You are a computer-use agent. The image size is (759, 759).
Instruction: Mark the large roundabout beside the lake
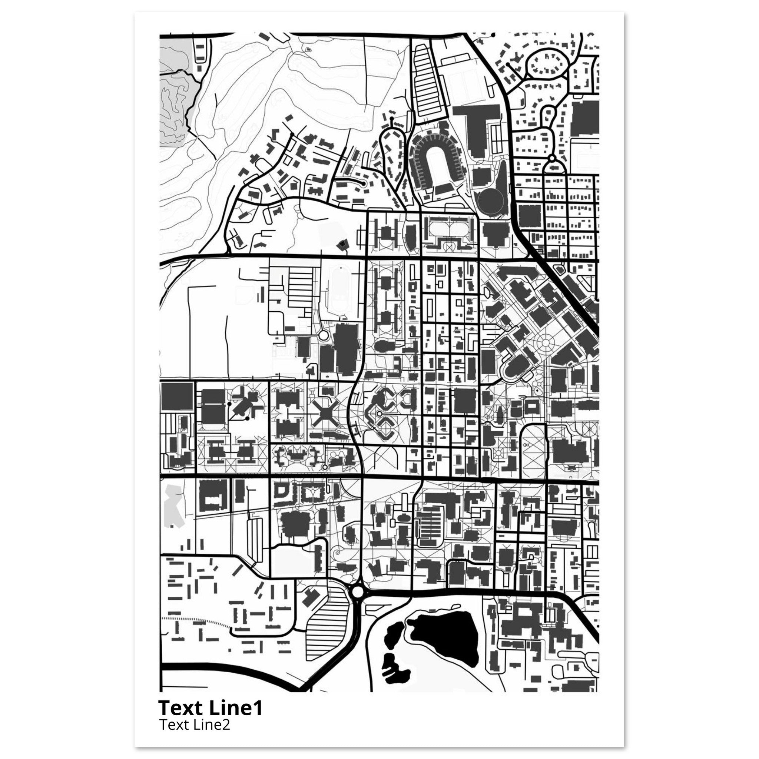[x=358, y=601]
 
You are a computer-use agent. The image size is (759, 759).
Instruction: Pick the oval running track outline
[x=340, y=292]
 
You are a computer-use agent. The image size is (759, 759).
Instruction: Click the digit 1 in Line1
[x=257, y=708]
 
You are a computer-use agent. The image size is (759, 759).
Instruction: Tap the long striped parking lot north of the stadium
[x=425, y=80]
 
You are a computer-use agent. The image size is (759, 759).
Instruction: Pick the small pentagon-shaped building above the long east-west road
[x=342, y=245]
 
